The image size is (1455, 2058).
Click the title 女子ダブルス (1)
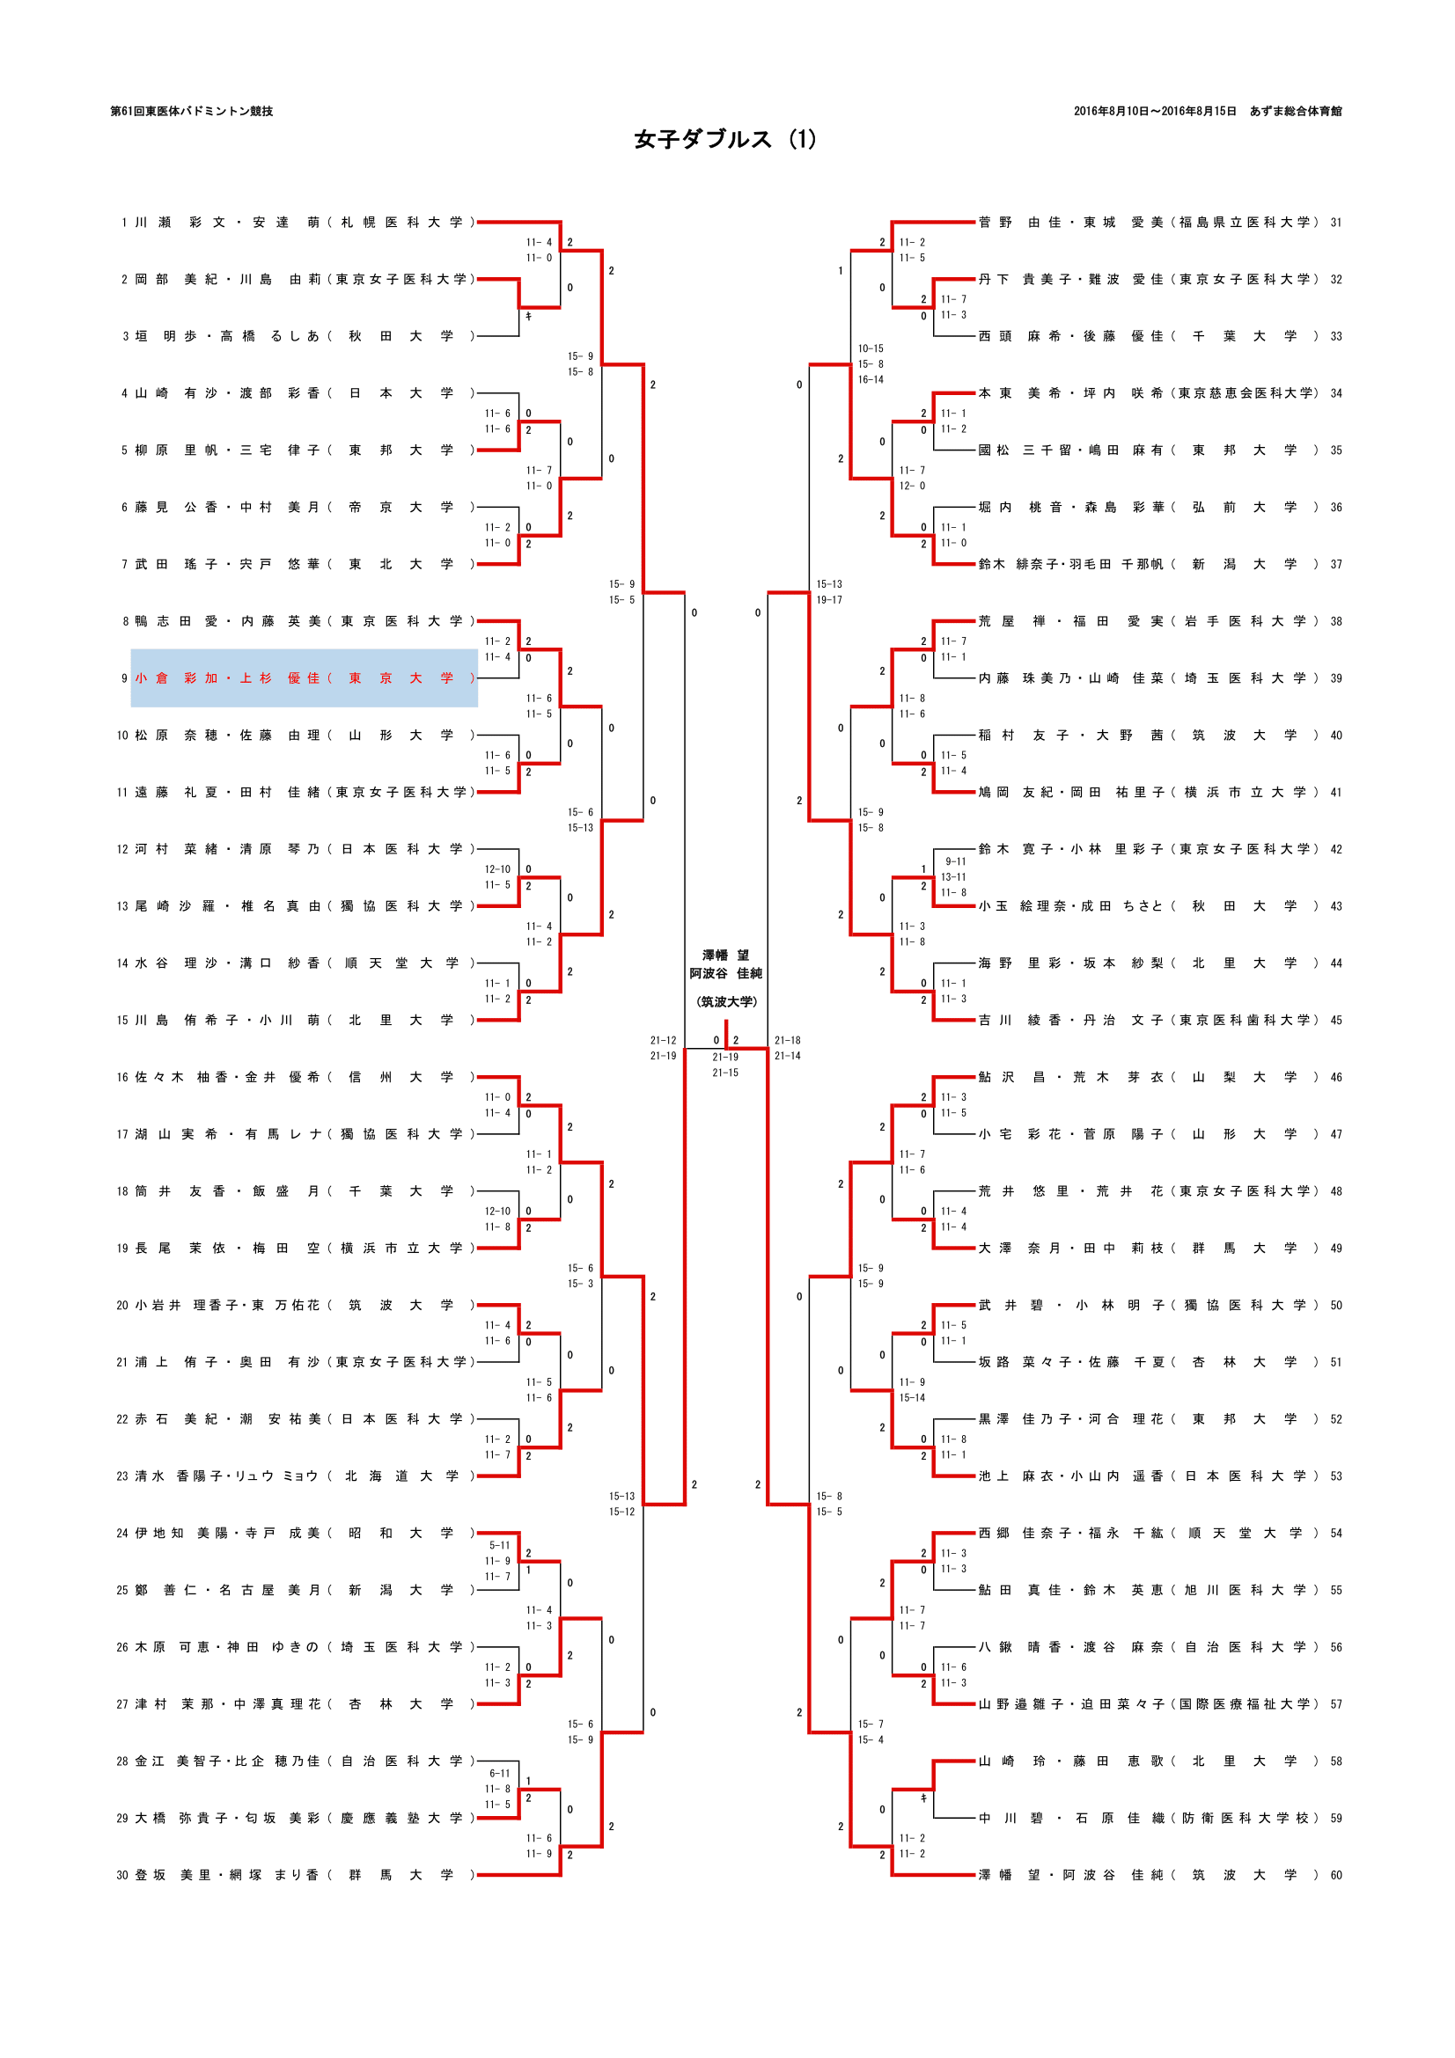(x=725, y=140)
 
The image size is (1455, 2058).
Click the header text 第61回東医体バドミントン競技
(x=192, y=111)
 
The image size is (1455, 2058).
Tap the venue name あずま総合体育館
(x=1296, y=111)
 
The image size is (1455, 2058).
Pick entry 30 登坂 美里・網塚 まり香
(x=296, y=1875)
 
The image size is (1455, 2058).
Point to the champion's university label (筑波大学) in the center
(x=726, y=1001)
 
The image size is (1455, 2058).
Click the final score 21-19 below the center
(x=725, y=1057)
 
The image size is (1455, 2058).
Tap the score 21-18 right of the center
(x=787, y=1041)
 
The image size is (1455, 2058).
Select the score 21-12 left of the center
(x=664, y=1041)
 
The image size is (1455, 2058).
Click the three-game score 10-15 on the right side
(x=870, y=348)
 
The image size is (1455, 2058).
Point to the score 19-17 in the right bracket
(x=829, y=600)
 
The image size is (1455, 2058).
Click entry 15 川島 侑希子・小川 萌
(x=296, y=1020)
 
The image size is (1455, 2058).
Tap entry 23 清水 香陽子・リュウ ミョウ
(x=296, y=1476)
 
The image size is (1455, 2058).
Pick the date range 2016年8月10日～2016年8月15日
(x=1155, y=111)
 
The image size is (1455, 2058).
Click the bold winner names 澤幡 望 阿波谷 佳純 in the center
(x=725, y=964)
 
